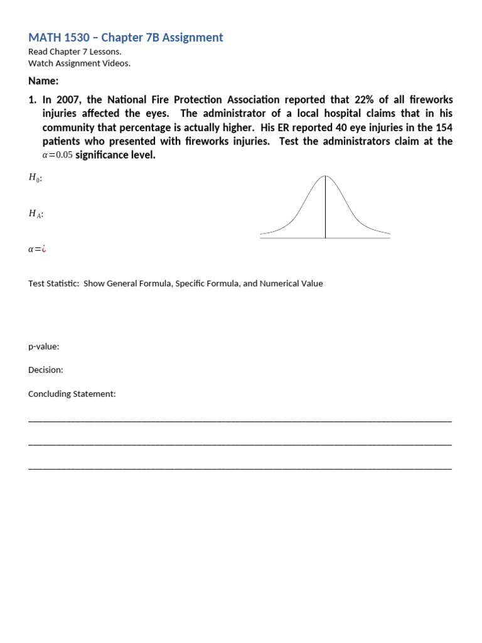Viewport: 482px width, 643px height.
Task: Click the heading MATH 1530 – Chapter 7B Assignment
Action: tap(126, 38)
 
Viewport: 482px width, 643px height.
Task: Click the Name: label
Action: tap(43, 81)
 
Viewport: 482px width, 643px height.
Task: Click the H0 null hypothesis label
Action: tap(35, 178)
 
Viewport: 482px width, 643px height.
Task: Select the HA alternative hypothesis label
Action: tap(36, 214)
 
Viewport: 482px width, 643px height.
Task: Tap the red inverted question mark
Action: tap(44, 249)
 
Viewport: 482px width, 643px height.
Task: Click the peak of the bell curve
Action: tap(325, 175)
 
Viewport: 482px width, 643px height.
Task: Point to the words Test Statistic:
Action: tap(53, 283)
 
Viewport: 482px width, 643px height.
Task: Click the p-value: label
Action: tap(44, 347)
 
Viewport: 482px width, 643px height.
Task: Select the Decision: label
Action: tap(46, 370)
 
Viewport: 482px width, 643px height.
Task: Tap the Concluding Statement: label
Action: tap(72, 394)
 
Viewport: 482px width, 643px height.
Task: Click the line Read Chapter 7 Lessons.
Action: tap(75, 52)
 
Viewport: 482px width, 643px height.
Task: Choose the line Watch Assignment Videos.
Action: tap(80, 63)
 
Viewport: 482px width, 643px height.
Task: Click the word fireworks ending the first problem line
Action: tap(430, 100)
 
